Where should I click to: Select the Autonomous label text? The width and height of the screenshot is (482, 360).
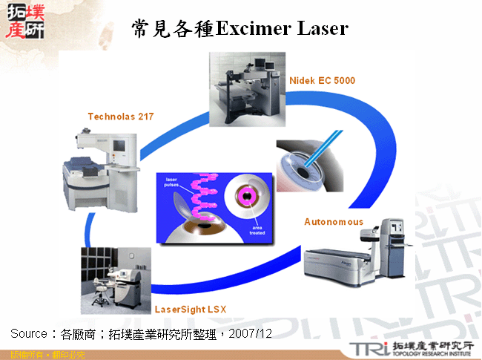[x=334, y=221]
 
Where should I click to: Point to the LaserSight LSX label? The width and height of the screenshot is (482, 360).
[x=190, y=308]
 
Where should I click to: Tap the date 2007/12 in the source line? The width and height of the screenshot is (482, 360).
[x=251, y=335]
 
